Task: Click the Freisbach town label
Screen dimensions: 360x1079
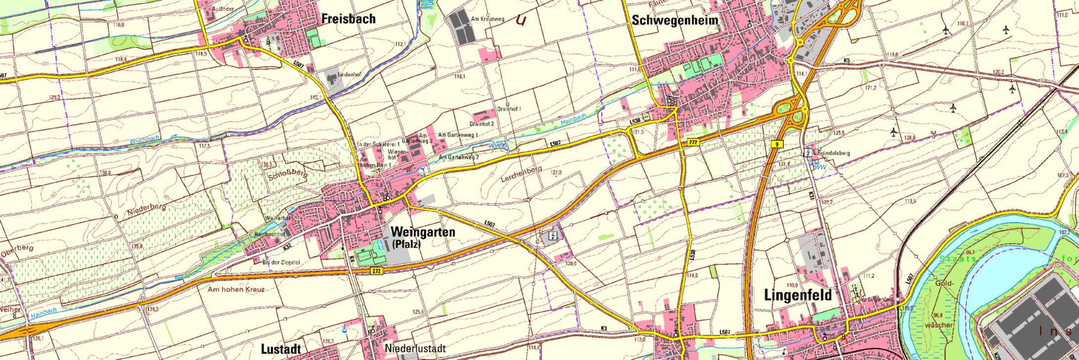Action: tap(348, 19)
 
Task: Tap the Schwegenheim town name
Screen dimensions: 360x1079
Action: tap(674, 20)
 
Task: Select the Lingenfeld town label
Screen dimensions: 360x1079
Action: tap(798, 295)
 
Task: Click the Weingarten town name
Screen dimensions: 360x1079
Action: tap(422, 232)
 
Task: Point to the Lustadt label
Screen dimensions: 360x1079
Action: tap(280, 349)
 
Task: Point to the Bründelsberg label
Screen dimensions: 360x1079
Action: tap(833, 153)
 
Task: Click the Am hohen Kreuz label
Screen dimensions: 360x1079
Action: tap(236, 289)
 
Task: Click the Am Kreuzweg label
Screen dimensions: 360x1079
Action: tap(487, 19)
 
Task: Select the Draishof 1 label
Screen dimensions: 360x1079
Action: tap(509, 109)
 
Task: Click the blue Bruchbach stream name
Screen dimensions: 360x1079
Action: tap(144, 140)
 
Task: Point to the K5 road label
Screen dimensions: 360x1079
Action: tap(847, 60)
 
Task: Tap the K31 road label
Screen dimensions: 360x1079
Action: tap(813, 196)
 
